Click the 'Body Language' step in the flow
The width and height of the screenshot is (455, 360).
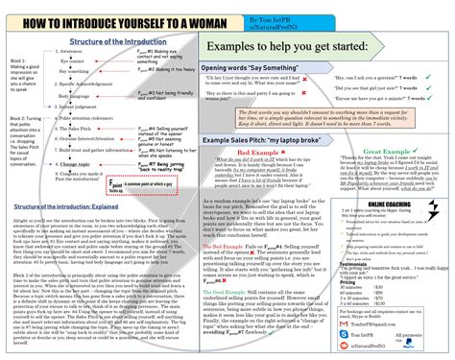tap(84, 96)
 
